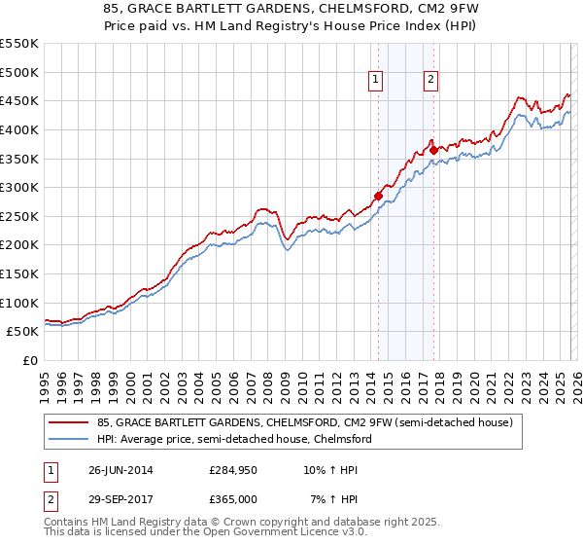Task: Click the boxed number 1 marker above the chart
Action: pos(375,81)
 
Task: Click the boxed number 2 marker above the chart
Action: pos(430,81)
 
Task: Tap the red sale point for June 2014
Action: pos(378,196)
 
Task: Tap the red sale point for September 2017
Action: pos(433,150)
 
